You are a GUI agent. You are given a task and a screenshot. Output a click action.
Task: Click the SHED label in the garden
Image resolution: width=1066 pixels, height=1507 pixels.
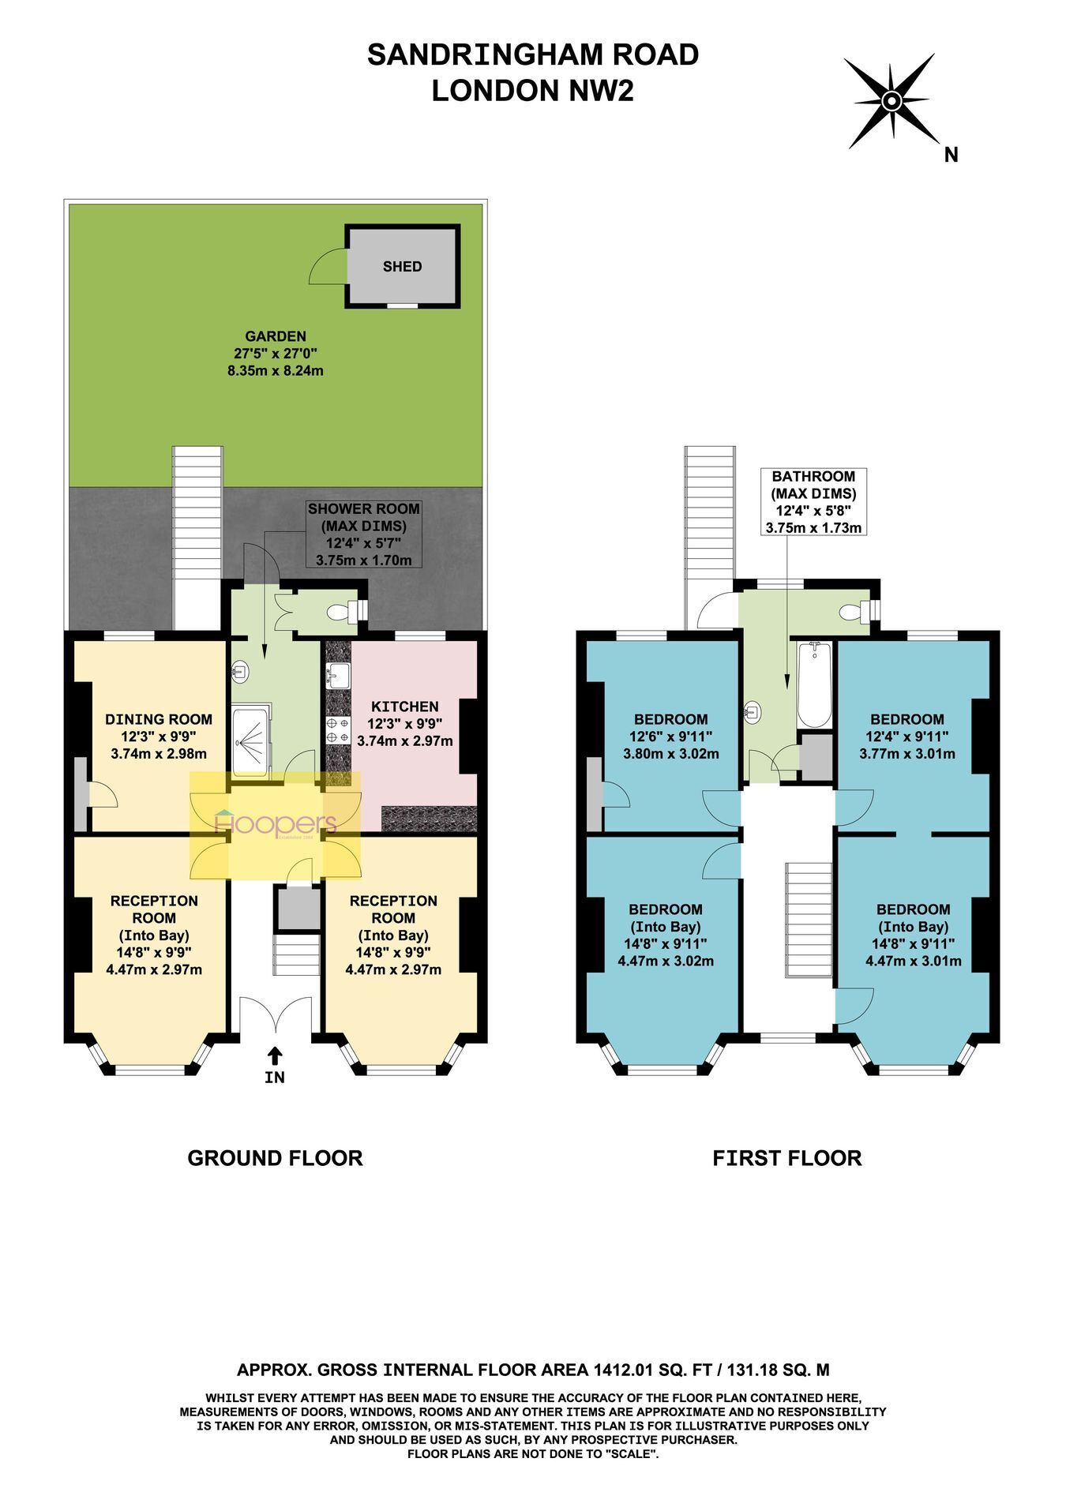[402, 267]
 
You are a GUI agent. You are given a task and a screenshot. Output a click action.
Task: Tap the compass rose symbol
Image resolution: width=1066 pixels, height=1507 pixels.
[891, 101]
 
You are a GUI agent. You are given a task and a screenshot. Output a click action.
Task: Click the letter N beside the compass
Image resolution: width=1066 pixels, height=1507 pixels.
[952, 156]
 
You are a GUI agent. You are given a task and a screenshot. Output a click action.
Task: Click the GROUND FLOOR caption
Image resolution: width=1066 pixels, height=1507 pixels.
[275, 1158]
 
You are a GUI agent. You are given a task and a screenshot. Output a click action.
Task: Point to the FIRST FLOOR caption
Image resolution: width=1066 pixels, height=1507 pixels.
[786, 1158]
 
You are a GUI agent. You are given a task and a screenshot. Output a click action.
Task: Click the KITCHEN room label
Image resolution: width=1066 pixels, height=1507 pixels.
[405, 707]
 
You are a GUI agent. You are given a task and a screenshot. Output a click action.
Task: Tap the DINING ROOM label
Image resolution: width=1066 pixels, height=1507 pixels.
[159, 719]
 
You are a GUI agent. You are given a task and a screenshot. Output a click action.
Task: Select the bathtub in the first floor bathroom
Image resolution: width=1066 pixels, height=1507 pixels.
[814, 684]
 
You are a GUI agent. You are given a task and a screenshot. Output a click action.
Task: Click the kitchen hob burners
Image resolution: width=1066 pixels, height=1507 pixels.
[339, 730]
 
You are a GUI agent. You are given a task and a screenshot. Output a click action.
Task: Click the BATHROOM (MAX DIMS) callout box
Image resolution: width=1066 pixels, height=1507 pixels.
[813, 501]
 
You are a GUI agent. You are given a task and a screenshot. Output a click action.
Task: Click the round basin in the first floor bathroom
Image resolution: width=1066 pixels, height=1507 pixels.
[753, 713]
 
